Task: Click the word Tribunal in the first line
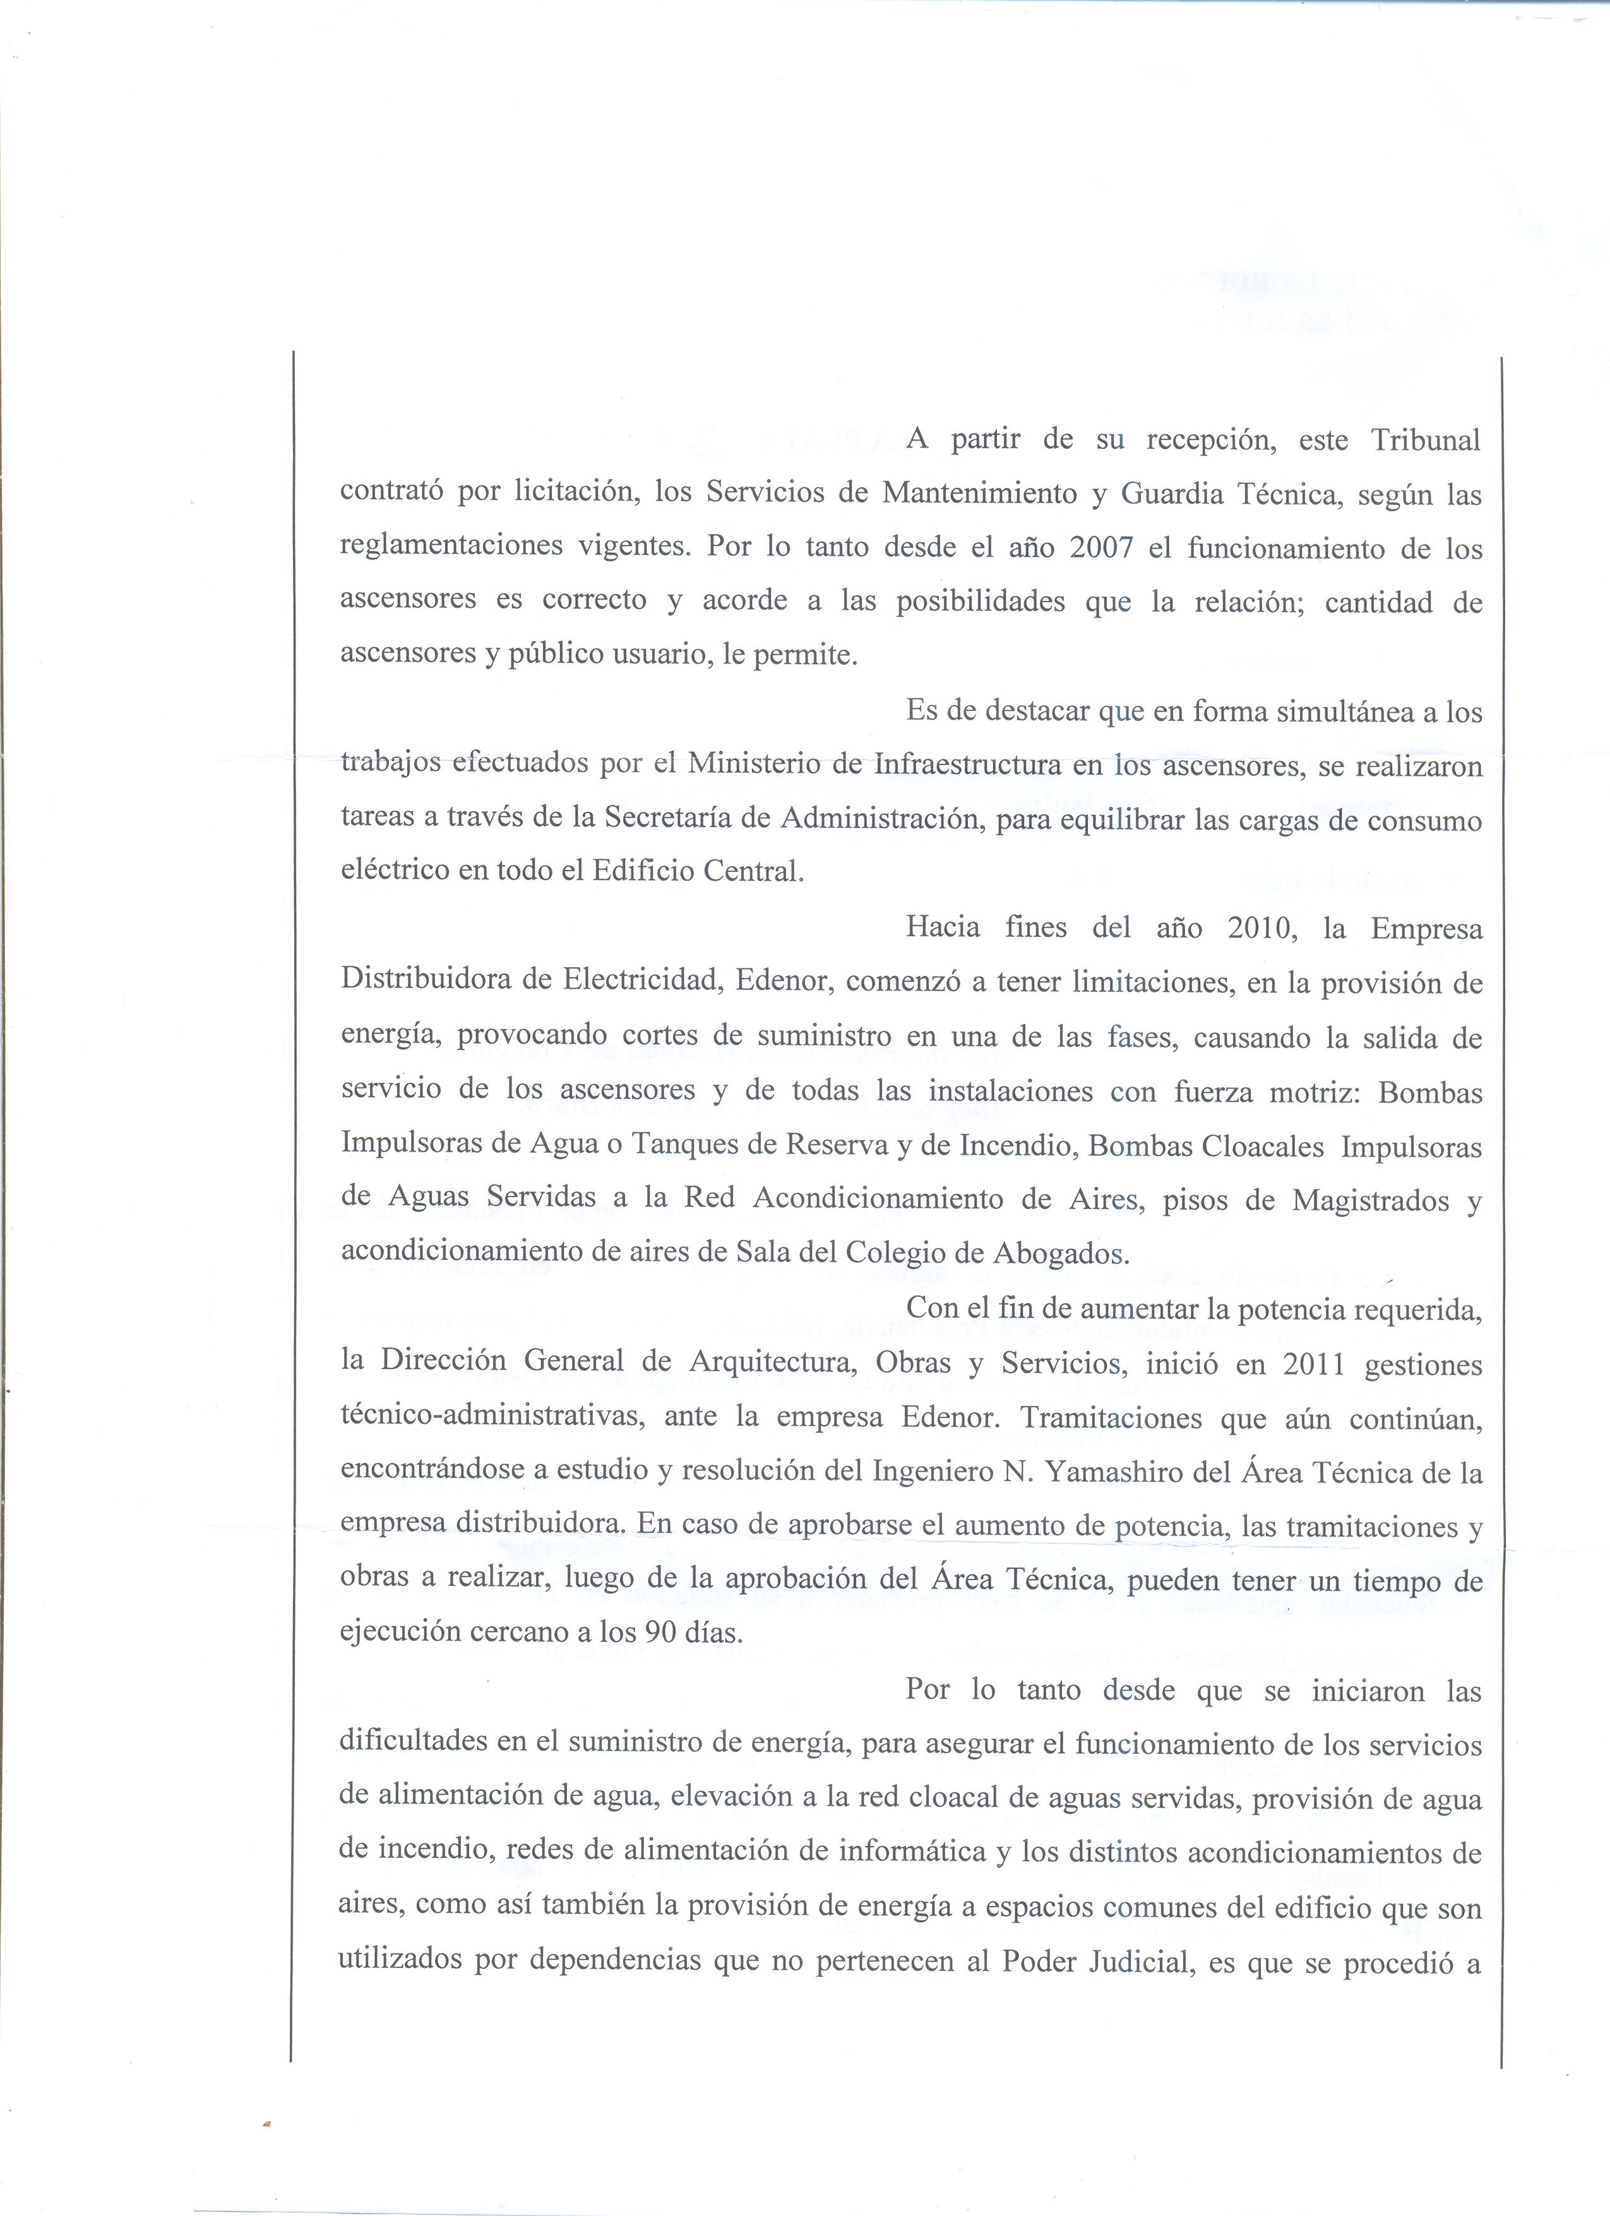1426,441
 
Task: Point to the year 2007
1101,547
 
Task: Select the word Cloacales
1262,1145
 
